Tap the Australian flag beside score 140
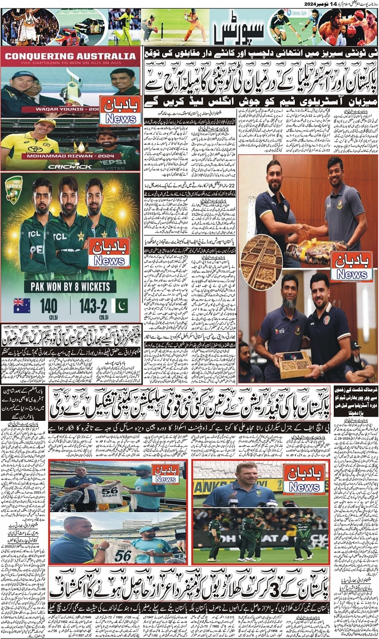(x=22, y=305)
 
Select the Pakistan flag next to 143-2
(x=119, y=306)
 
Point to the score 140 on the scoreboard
(x=49, y=305)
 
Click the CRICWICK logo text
(x=70, y=165)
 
